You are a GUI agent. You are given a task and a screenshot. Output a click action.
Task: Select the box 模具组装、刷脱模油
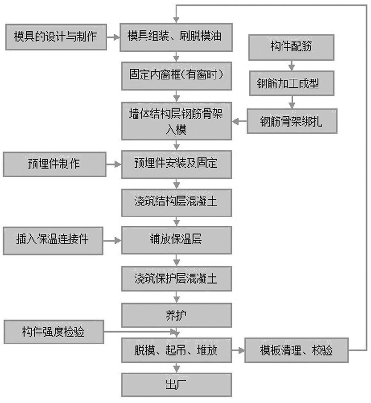click(176, 36)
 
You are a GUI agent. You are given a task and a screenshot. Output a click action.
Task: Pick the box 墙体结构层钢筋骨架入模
click(176, 122)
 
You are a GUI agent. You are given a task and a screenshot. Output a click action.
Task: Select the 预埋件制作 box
click(55, 165)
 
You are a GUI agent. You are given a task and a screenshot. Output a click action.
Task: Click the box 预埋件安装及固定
click(176, 165)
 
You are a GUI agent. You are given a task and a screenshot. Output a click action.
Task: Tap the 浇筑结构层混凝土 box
click(176, 201)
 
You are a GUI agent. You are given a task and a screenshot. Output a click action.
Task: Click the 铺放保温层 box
click(176, 239)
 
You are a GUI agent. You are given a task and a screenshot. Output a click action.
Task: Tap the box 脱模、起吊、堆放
click(176, 351)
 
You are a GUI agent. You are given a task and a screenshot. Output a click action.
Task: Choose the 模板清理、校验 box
click(296, 351)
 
